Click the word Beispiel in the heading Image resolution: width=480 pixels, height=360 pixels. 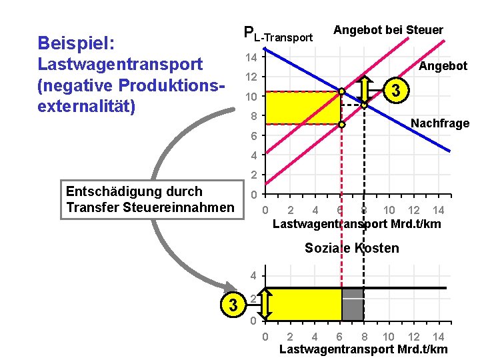click(x=77, y=43)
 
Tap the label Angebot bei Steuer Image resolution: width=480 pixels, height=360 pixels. click(x=388, y=30)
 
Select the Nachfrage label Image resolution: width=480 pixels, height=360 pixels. click(x=440, y=123)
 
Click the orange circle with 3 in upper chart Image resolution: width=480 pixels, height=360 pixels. click(x=397, y=91)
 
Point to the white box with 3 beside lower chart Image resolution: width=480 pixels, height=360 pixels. click(x=233, y=305)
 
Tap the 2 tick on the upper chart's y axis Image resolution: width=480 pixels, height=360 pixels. click(x=254, y=175)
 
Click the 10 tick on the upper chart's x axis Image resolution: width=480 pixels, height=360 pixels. click(x=389, y=211)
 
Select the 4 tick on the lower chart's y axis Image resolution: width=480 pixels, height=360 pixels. click(x=254, y=276)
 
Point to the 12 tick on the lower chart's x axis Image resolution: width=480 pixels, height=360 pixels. click(x=413, y=337)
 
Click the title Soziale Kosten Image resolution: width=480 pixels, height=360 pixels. click(x=352, y=249)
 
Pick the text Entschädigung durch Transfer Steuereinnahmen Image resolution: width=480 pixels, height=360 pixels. click(x=150, y=200)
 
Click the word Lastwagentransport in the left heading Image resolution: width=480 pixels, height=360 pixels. click(x=120, y=65)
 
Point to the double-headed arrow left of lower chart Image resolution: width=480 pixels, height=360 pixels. click(x=265, y=304)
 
